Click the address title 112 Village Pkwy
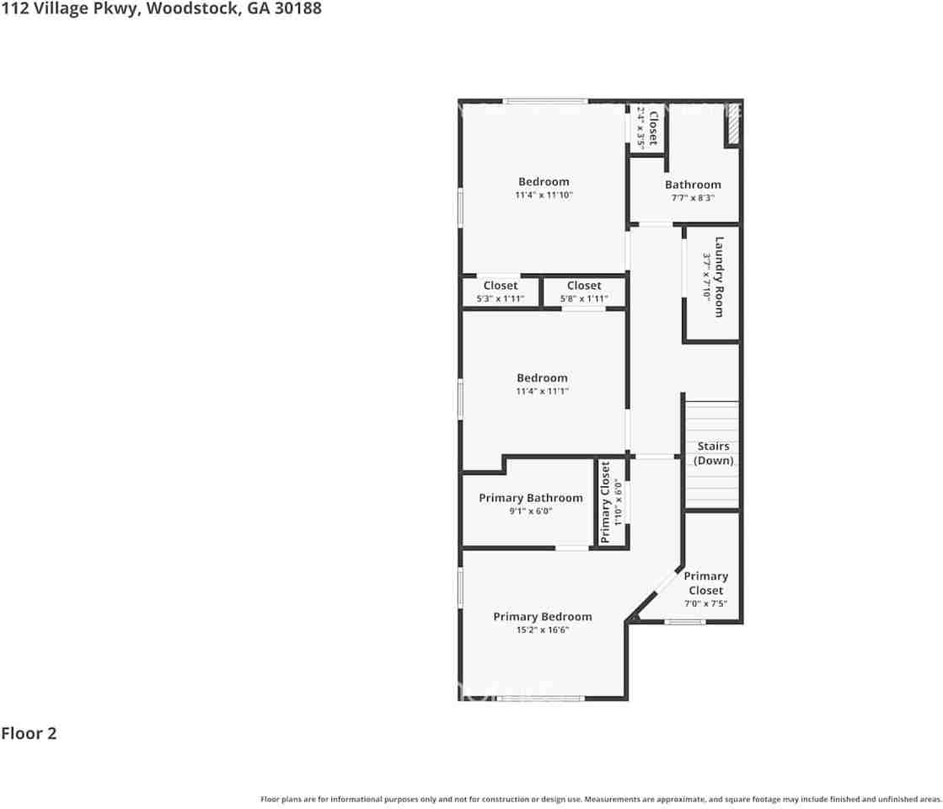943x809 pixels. pos(160,9)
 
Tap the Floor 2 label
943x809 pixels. pos(29,733)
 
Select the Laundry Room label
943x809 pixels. pos(719,277)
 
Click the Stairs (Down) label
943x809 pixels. pos(713,453)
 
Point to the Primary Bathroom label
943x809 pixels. pos(531,498)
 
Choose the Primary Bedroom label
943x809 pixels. pos(543,617)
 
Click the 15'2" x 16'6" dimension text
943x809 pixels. pos(543,630)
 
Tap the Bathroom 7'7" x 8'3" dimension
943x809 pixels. pos(693,198)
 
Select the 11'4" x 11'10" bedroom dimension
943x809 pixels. pos(544,196)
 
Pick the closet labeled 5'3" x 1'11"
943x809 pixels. pos(501,292)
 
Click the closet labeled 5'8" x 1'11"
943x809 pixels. pos(584,292)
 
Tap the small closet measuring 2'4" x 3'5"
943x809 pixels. pos(646,127)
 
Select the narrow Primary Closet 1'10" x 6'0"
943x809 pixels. pos(611,502)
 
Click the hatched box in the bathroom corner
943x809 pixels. pos(733,125)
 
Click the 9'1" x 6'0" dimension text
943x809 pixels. pos(531,511)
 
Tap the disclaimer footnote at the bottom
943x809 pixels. pos(601,799)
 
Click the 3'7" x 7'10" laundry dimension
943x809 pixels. pos(707,276)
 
